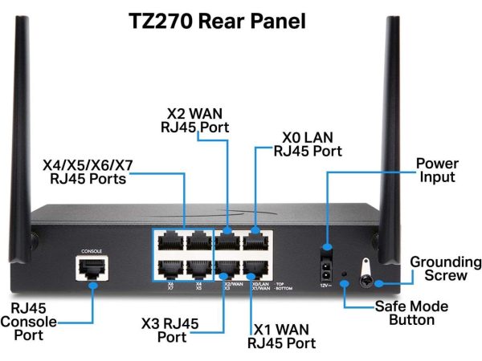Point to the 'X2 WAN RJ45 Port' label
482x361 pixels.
[x=197, y=121]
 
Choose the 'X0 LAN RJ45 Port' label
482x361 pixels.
[x=308, y=144]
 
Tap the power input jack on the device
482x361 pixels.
[x=327, y=264]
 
